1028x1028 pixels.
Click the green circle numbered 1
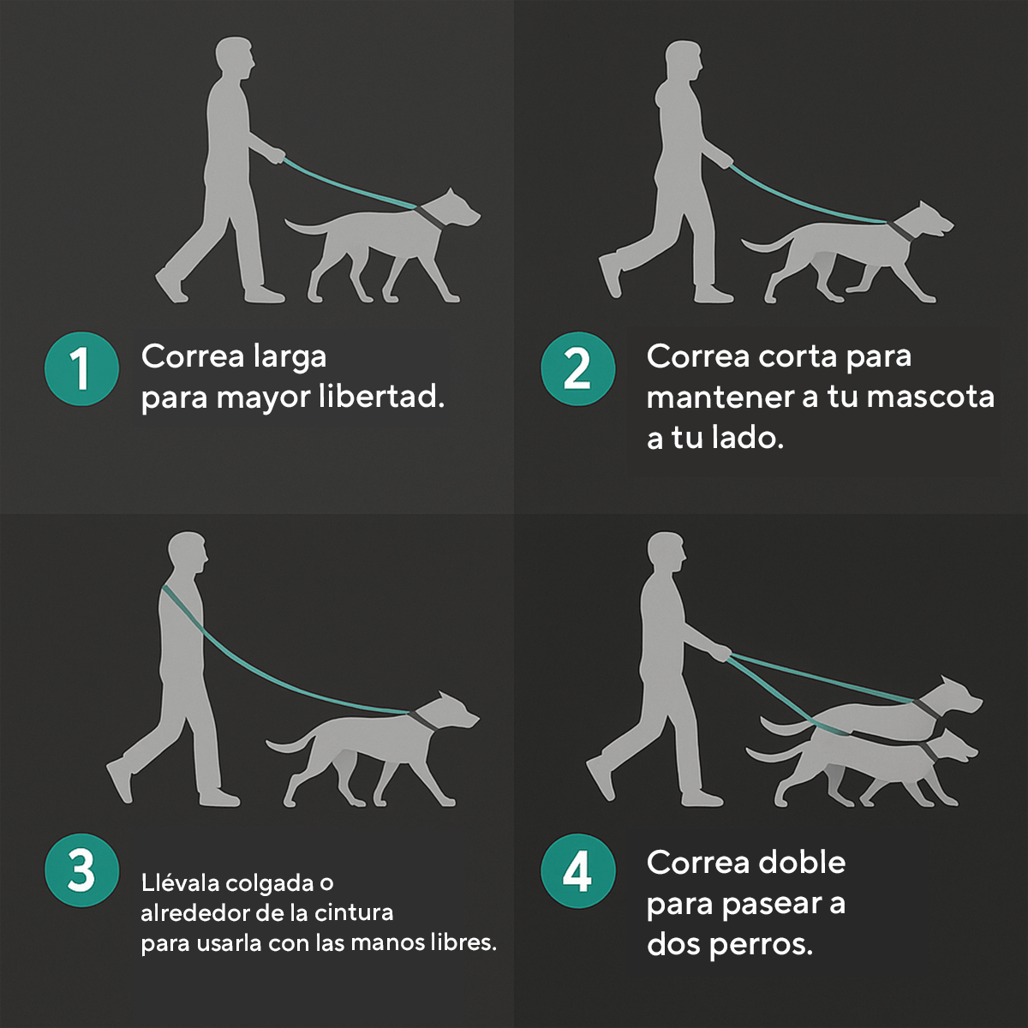click(x=81, y=368)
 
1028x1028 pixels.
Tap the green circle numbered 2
click(x=577, y=368)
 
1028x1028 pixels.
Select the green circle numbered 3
click(x=81, y=870)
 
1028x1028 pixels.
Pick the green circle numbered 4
click(x=577, y=870)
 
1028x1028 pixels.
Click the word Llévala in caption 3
click(x=180, y=883)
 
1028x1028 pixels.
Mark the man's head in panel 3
click(x=188, y=553)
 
